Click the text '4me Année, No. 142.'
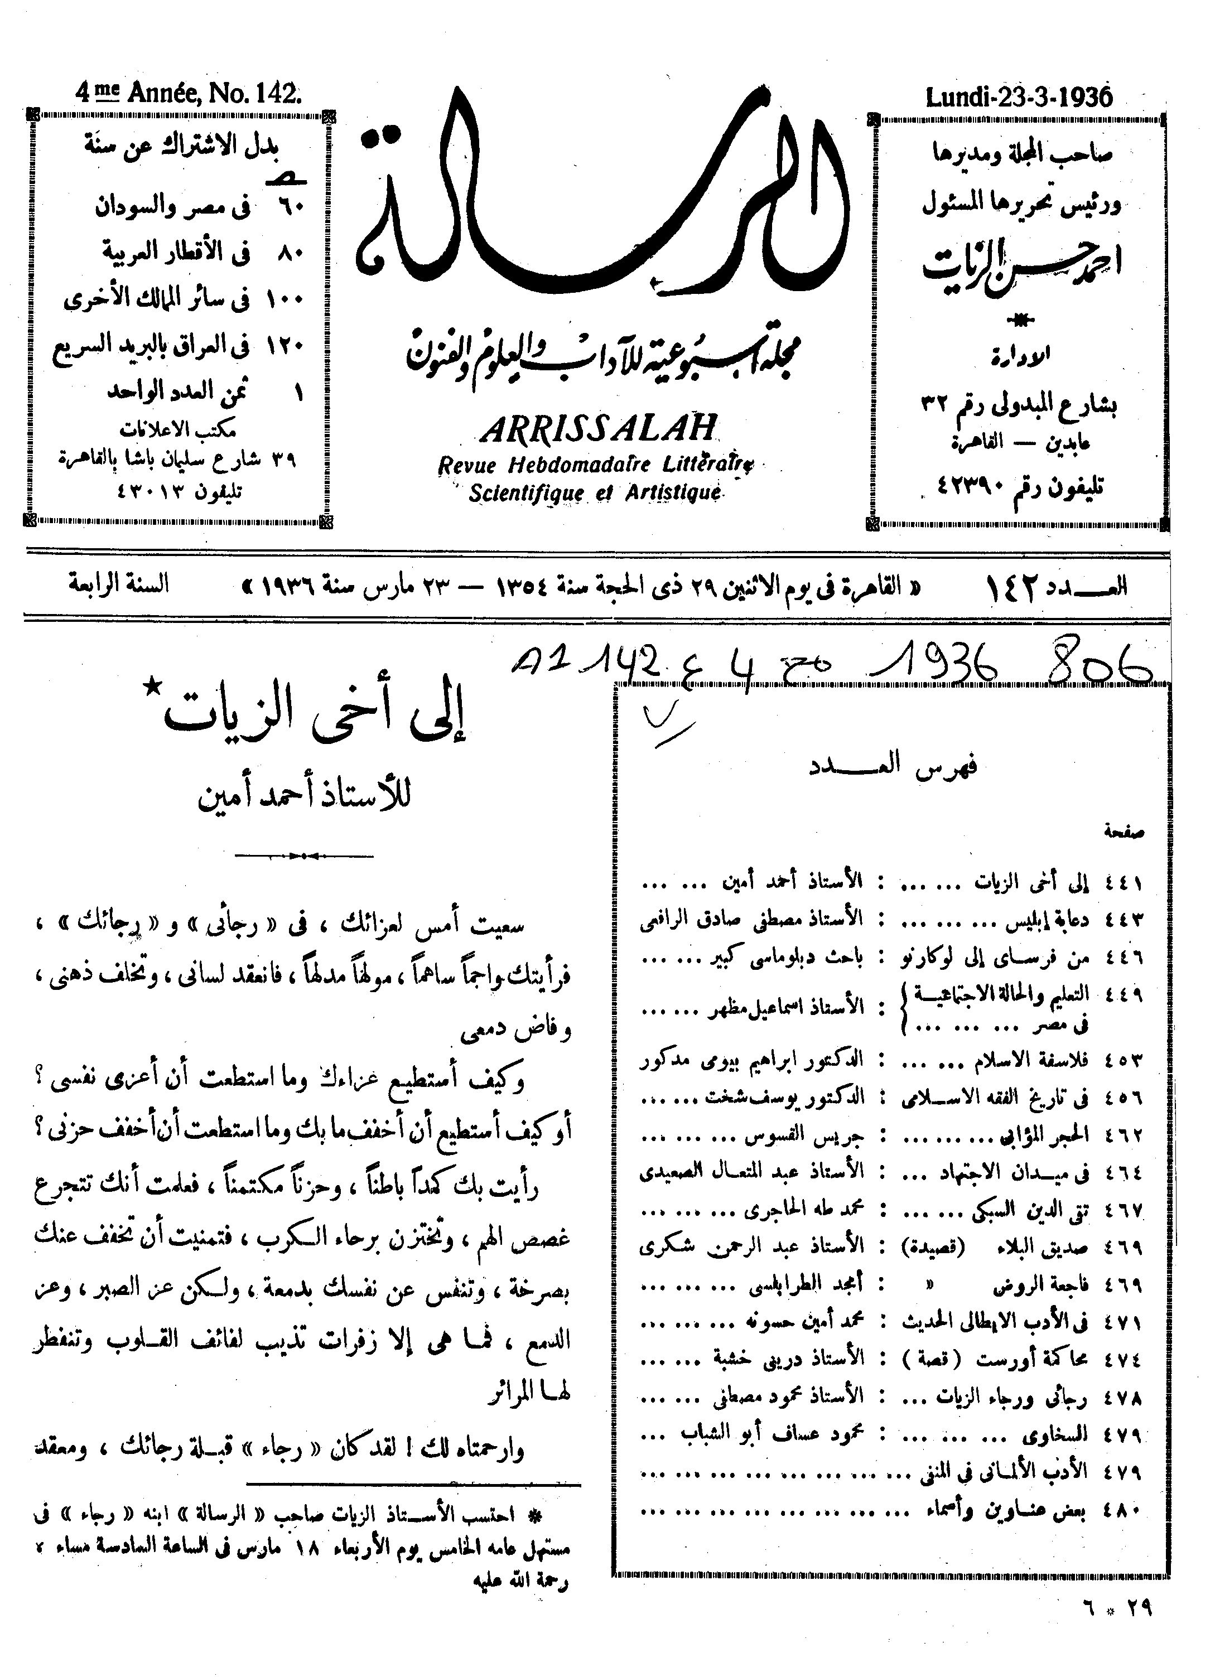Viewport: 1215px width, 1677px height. click(x=189, y=94)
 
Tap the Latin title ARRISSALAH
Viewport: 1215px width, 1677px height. click(x=599, y=429)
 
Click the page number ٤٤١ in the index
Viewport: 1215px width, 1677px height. click(x=1124, y=882)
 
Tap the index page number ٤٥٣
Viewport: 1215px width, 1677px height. click(x=1124, y=1060)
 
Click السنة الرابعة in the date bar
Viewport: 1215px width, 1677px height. click(x=119, y=585)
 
